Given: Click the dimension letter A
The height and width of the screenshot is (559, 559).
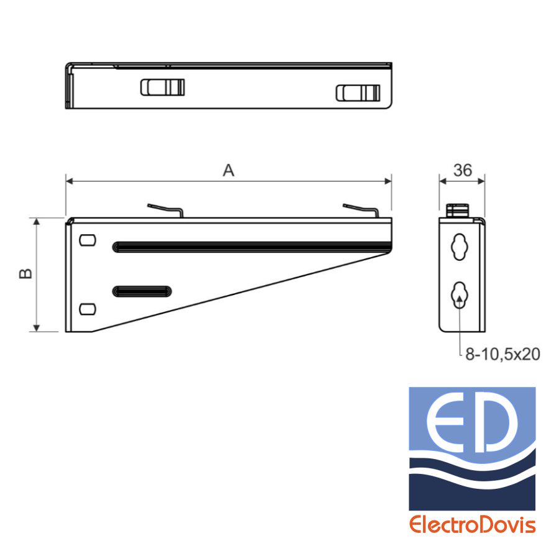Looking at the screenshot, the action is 229,170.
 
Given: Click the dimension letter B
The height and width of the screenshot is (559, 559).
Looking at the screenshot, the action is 25,273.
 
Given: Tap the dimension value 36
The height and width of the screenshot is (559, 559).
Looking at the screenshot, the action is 463,170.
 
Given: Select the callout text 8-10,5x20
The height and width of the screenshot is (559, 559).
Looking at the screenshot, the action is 502,355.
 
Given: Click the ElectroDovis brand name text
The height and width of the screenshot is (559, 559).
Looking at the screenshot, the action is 473,525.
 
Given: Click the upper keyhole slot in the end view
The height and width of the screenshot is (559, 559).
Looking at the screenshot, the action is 460,247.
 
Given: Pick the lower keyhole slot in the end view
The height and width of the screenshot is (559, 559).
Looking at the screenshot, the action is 460,295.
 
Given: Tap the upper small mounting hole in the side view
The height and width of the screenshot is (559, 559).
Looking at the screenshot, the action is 88,240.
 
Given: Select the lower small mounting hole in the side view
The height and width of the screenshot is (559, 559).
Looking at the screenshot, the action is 88,309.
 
